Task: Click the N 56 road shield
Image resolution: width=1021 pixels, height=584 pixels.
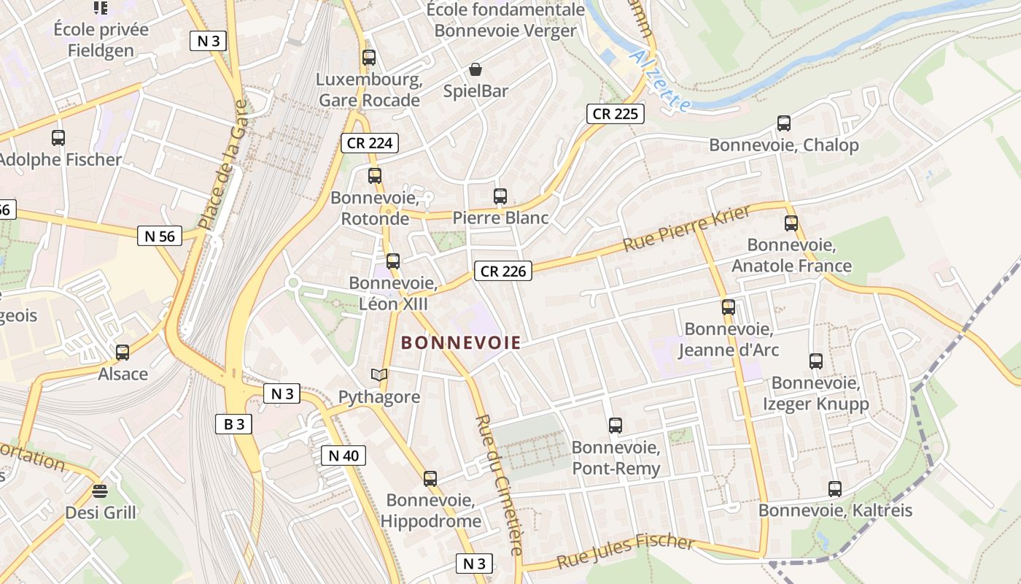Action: coord(160,236)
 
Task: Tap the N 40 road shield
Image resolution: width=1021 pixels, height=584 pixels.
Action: coord(343,456)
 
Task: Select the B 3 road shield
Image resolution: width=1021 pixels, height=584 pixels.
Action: coord(233,423)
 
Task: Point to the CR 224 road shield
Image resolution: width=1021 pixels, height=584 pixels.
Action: coord(370,143)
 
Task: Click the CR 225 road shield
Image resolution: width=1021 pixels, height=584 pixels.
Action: coord(615,113)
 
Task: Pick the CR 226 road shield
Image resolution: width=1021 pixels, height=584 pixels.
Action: coord(502,271)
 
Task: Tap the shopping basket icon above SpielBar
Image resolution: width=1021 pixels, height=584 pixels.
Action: coord(475,69)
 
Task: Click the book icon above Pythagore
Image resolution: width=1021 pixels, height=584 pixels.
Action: coord(378,374)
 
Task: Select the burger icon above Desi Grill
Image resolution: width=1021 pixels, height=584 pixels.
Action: coord(100,491)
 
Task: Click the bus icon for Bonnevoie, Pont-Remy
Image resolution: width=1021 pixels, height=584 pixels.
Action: coord(616,425)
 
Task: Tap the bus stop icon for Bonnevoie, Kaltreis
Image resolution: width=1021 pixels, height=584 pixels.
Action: coord(835,488)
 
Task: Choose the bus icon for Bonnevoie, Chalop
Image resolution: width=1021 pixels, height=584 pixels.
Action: coord(784,123)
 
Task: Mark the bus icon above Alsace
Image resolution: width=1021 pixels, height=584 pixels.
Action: coord(123,352)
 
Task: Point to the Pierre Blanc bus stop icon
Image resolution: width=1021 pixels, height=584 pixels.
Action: coord(500,196)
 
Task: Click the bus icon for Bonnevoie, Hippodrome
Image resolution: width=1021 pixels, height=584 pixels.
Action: coord(430,479)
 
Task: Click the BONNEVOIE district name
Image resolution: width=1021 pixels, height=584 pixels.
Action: coord(461,342)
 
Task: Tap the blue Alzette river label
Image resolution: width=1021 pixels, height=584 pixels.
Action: coord(661,80)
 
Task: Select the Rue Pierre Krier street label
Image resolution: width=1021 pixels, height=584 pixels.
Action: coord(686,228)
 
